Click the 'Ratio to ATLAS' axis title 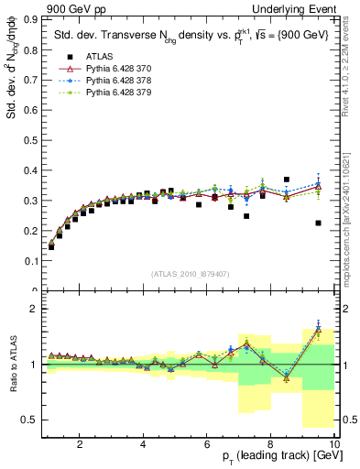(x=11, y=365)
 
